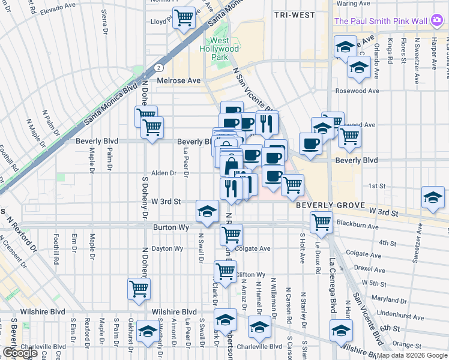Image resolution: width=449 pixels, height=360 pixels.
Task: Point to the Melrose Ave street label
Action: pos(178,80)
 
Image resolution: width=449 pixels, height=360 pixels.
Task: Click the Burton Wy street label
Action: pos(171,228)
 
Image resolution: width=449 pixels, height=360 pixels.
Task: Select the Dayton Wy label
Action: pos(167,248)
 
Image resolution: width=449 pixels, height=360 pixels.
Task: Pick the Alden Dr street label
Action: pos(164,173)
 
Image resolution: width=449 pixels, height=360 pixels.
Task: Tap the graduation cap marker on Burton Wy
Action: pos(207,211)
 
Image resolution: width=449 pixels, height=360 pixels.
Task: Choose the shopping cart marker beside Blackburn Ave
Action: pos(322,221)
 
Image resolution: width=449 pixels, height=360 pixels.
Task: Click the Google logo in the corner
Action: pos(20,353)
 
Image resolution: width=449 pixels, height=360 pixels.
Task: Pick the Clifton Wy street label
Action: pos(251,274)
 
